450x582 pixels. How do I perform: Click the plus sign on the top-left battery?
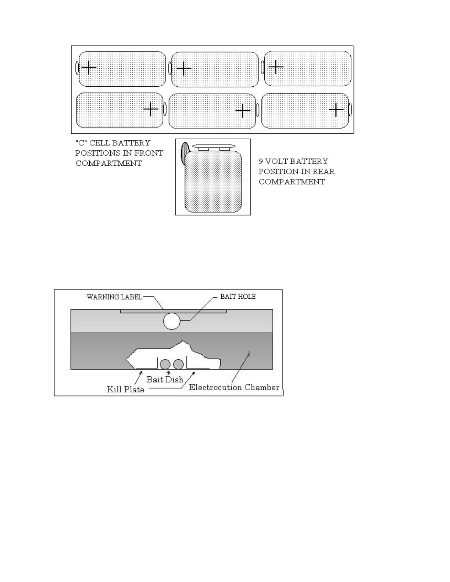89,68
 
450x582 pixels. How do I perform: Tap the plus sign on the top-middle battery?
184,68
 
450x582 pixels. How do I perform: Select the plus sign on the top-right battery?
276,67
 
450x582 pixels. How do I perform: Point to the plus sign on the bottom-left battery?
151,109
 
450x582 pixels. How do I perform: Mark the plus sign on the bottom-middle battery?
243,110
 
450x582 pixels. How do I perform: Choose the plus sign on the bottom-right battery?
336,110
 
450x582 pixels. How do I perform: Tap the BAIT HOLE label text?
238,297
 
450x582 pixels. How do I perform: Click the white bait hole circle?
172,321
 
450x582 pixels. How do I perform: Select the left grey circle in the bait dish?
165,364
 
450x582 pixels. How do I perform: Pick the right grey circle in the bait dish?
178,364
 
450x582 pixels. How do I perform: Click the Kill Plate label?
125,389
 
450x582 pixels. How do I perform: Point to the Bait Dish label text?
165,380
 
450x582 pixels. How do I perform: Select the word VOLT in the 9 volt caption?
276,161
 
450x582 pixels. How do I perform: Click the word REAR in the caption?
322,172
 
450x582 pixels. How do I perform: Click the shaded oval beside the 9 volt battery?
185,152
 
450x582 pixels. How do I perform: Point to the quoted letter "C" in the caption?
81,143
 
